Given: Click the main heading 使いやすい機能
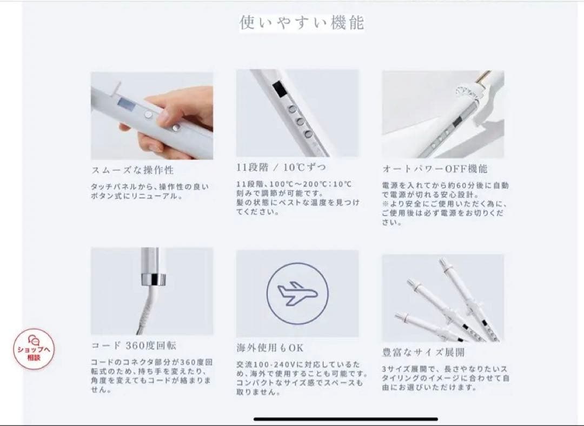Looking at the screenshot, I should [x=302, y=23].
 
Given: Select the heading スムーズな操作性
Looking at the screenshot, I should [x=132, y=170].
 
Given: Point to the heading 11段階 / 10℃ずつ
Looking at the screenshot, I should [x=281, y=168].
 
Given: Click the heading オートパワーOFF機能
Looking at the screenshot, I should [x=435, y=169].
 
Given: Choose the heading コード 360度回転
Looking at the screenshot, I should [x=134, y=345].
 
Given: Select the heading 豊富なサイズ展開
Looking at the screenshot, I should [x=423, y=352].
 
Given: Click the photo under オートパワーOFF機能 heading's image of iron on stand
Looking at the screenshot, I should [x=443, y=114].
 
